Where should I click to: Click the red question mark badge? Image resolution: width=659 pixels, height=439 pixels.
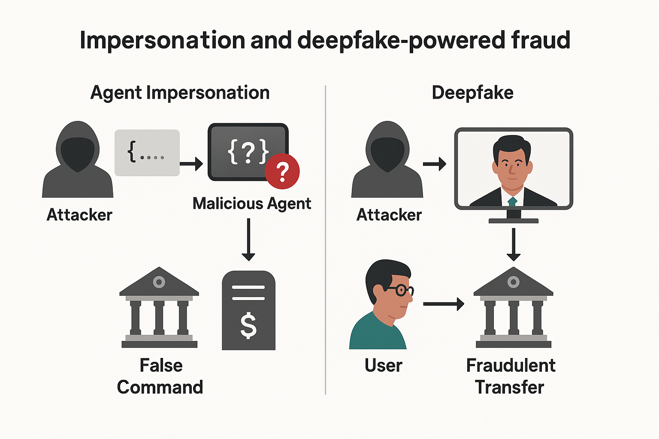(282, 171)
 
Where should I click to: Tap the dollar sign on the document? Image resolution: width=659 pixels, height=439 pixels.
(248, 325)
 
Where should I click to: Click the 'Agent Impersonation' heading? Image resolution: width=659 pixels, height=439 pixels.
(180, 93)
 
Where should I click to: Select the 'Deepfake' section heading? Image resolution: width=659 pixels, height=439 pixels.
(472, 93)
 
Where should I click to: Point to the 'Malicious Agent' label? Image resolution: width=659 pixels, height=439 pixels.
(251, 204)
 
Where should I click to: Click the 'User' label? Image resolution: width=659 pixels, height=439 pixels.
(383, 366)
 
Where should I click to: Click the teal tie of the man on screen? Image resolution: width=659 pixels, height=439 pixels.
(512, 201)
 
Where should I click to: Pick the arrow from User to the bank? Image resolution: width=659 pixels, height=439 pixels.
(444, 304)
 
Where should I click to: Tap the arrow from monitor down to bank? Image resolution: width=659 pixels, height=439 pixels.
(513, 244)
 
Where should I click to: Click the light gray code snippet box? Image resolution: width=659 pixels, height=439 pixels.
(147, 153)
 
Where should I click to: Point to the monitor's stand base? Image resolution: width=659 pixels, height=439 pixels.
(513, 221)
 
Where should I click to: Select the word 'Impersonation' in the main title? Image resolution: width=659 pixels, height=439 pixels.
(163, 40)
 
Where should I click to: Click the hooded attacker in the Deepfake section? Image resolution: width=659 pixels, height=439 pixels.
(387, 161)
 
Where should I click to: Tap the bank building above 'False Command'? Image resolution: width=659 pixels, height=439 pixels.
(159, 307)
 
